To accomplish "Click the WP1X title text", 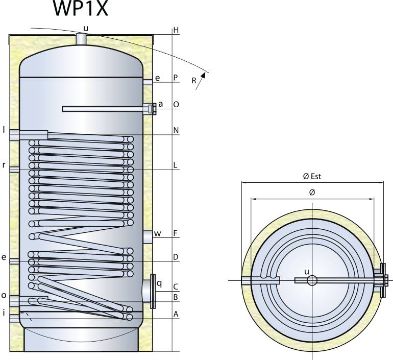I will point(80,9).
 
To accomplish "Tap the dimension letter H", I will point(176,30).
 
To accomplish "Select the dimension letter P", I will point(176,78).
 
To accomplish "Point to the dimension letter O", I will point(176,104).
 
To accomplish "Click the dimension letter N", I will point(176,130).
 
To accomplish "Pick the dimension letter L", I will point(176,165).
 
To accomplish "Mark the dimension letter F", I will point(176,233).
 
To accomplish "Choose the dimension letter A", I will point(176,315).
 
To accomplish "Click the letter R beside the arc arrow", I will point(194,81).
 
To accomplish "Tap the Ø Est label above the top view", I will point(312,176).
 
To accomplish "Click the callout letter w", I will point(158,234).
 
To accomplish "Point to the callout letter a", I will point(160,104).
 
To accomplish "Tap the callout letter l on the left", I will point(4,130).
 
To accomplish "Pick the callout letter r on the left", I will point(4,165).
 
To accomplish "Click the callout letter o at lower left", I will point(4,295).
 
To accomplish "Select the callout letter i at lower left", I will point(4,313).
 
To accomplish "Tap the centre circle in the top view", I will point(312,280).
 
